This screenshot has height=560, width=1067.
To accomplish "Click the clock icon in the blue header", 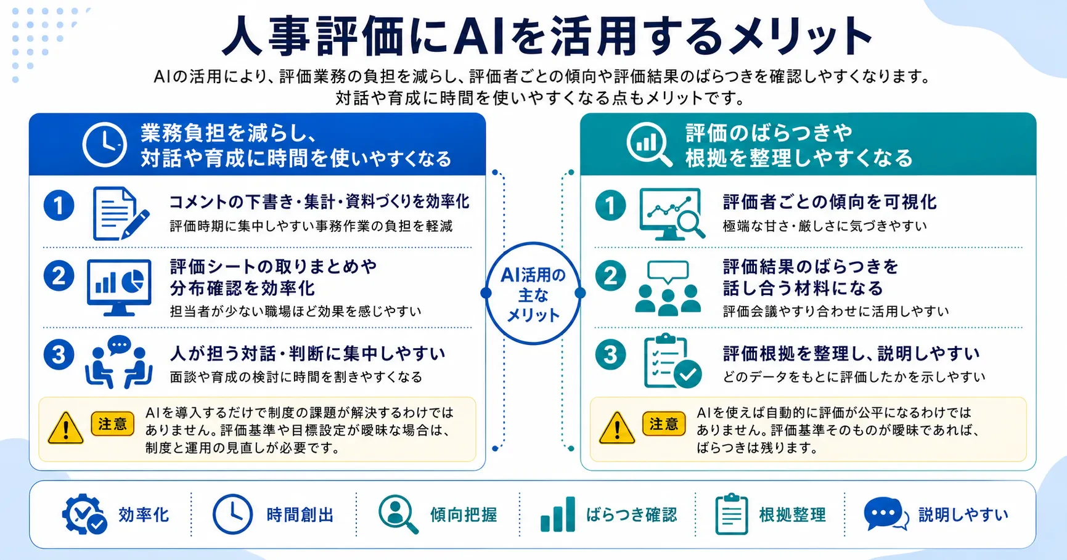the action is [x=105, y=145].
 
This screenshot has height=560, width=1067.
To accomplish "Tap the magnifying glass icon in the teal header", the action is [x=648, y=145].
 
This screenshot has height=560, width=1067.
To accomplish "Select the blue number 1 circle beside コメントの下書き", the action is [x=59, y=205].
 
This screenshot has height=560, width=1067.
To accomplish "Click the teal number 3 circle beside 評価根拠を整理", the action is [x=610, y=355].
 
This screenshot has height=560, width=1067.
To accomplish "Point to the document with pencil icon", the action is [x=121, y=214].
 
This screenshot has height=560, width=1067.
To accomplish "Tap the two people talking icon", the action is [x=119, y=362].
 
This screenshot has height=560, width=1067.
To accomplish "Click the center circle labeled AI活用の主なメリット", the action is [x=533, y=294].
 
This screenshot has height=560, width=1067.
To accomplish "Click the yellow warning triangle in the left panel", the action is [x=65, y=428].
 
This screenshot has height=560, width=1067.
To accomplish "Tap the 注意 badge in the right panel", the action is [x=664, y=424].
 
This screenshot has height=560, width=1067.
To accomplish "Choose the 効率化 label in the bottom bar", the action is [x=144, y=514].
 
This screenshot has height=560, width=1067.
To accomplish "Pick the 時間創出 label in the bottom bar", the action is [x=300, y=514].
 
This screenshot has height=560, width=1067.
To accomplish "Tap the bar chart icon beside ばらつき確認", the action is [x=558, y=514].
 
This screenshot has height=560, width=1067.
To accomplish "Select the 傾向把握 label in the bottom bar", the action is [x=464, y=514].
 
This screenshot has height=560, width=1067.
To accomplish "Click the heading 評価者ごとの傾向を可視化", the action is [x=830, y=201].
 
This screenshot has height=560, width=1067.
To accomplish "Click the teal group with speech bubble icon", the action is [x=668, y=288].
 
